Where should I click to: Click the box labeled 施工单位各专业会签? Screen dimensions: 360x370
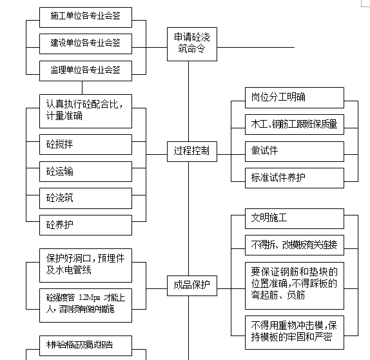[x=85, y=17]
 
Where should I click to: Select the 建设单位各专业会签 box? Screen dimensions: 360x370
[x=85, y=43]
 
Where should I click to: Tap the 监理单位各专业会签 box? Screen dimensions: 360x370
[x=85, y=70]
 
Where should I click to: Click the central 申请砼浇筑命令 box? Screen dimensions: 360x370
[x=188, y=44]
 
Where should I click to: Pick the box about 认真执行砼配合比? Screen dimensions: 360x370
[x=85, y=110]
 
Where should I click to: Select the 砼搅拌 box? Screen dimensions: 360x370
[x=85, y=145]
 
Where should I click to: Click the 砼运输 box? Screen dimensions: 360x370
[x=85, y=172]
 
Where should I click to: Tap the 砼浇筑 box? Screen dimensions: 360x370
[x=85, y=198]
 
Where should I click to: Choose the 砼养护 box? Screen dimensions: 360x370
[x=85, y=225]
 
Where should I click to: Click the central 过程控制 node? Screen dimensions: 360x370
[x=188, y=152]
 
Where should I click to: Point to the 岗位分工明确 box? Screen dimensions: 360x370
[x=294, y=98]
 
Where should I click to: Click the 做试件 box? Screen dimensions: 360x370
[x=294, y=151]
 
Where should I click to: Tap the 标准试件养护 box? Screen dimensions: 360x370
[x=294, y=177]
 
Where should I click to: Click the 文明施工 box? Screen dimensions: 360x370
[x=294, y=218]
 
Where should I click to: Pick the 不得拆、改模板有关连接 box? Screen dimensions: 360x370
[x=294, y=245]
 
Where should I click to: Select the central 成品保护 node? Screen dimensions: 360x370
[x=188, y=285]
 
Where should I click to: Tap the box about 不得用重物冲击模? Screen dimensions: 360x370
[x=294, y=332]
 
